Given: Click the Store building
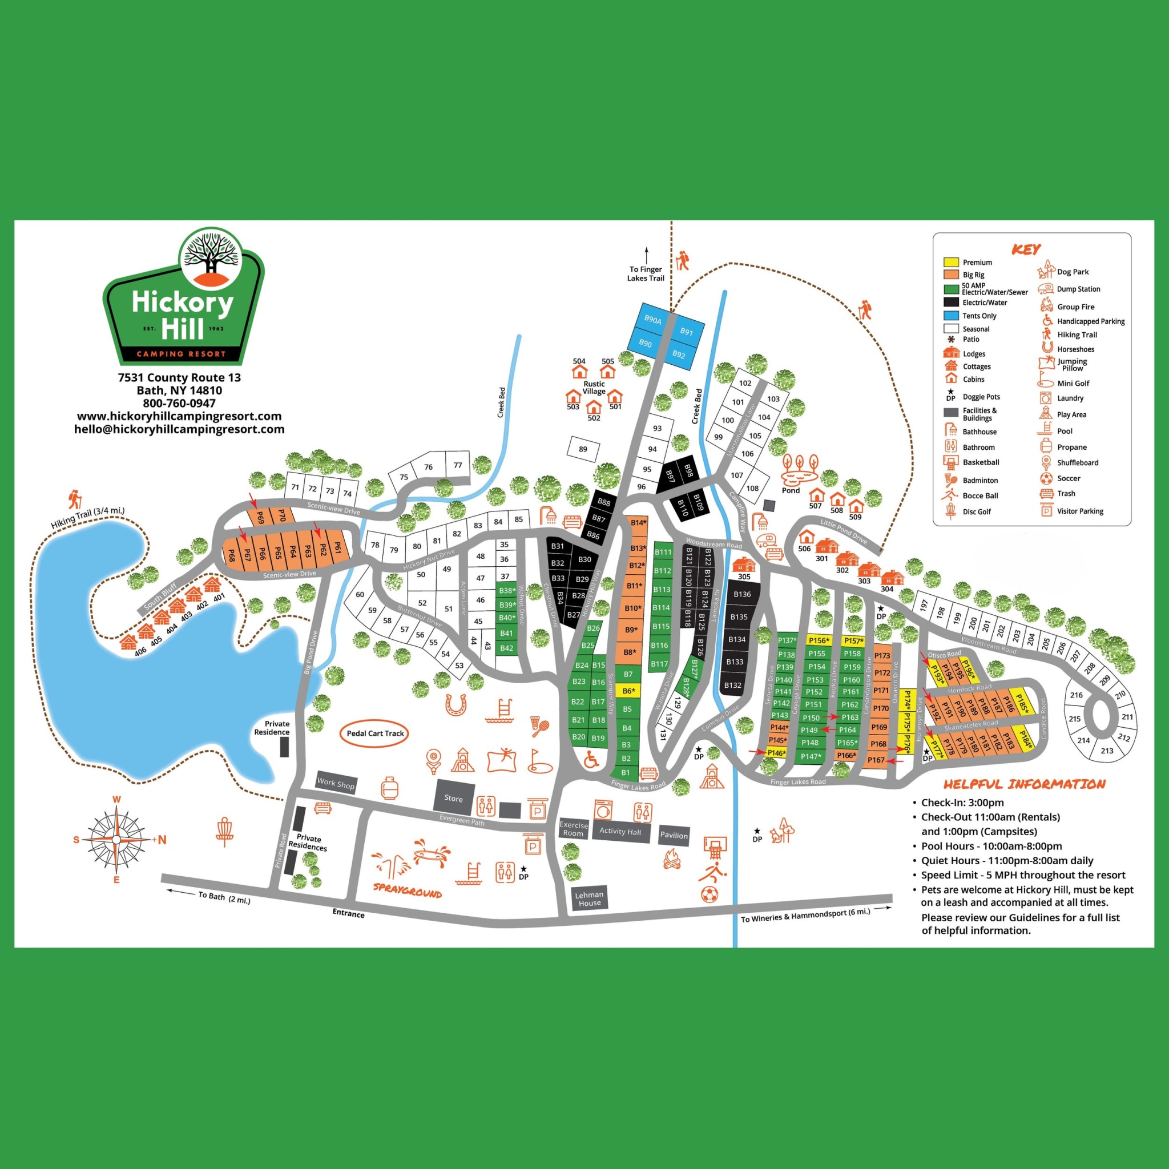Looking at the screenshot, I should [453, 797].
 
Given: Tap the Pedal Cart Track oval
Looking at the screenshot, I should [375, 733].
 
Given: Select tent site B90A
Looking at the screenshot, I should [652, 320].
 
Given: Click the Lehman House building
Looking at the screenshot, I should [589, 898].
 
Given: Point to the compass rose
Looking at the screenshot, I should [117, 839].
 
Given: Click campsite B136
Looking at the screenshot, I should [742, 594].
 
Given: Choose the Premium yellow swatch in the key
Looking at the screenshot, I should [951, 262].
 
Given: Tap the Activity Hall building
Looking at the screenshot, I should [620, 831].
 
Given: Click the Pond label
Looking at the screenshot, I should [790, 490].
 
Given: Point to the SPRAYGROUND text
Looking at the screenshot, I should [407, 892].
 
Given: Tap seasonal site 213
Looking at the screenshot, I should [1107, 750].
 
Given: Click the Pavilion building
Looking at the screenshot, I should [674, 836].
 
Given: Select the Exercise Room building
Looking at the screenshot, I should [574, 829].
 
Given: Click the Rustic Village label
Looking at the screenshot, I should [594, 387].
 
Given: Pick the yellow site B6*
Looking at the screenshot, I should [628, 691].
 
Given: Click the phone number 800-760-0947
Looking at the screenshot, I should [179, 403].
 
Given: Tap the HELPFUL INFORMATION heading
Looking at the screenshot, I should [1024, 784].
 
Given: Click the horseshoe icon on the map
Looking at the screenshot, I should [455, 704].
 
